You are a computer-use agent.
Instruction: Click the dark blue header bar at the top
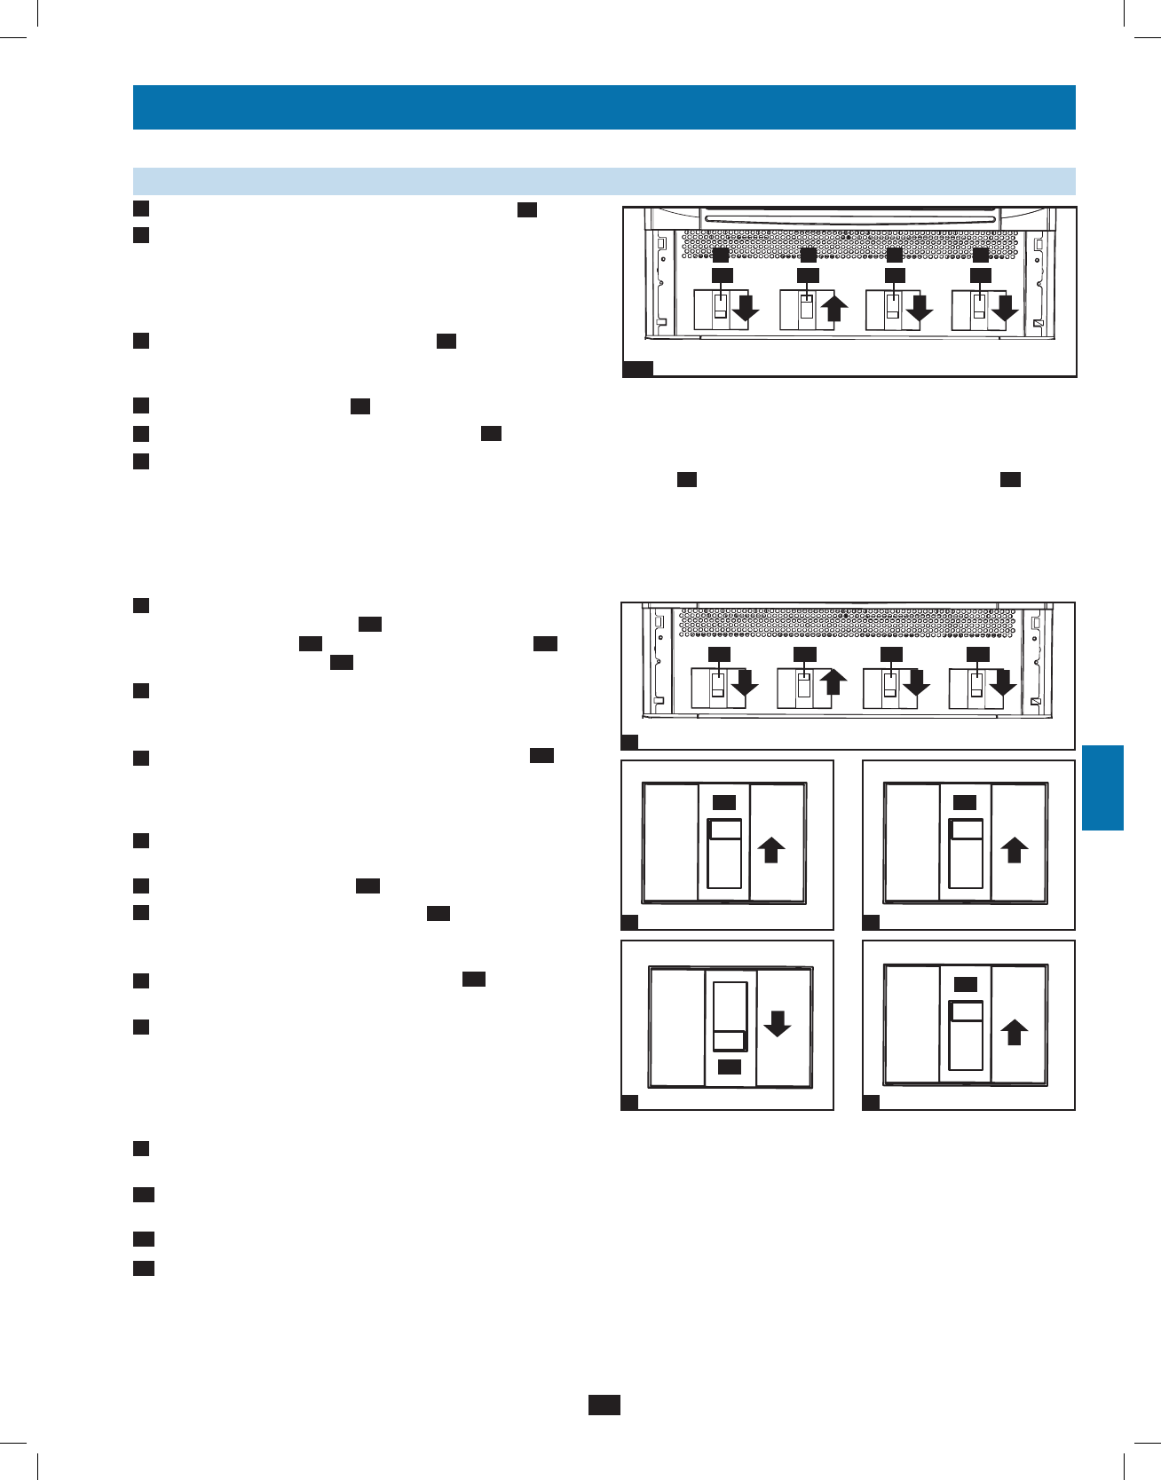[x=604, y=107]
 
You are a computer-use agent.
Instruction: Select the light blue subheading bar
[x=604, y=181]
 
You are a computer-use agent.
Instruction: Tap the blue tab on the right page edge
[x=1102, y=788]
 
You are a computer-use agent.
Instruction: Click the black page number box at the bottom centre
[x=604, y=1405]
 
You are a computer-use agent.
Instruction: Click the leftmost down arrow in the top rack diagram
[x=746, y=309]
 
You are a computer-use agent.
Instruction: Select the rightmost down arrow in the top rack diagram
[x=1004, y=309]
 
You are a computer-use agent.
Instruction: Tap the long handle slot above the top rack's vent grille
[x=849, y=218]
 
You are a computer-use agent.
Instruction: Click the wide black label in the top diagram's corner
[x=637, y=369]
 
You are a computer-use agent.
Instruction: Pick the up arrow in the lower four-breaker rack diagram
[x=832, y=682]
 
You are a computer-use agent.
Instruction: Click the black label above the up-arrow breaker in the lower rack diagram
[x=804, y=655]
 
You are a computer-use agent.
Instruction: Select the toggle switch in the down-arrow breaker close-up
[x=730, y=1017]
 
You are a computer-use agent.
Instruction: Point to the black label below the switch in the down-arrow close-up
[x=730, y=1067]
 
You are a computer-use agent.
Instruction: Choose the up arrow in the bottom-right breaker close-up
[x=1014, y=1033]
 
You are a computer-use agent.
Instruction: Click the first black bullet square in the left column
[x=140, y=209]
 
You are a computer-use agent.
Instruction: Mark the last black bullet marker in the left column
[x=144, y=1268]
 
